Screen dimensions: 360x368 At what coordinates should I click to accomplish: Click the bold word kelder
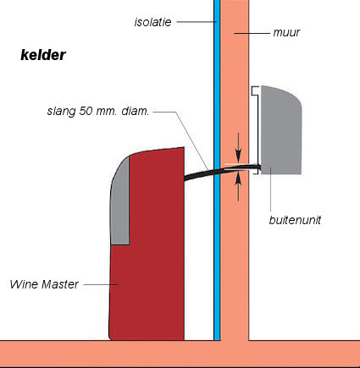coord(43,55)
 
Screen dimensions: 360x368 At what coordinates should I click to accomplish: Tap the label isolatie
coord(152,22)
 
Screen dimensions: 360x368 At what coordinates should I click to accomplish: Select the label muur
coord(286,32)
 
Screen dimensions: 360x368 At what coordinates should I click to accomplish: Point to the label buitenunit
coord(295,220)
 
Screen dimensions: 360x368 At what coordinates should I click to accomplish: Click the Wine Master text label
coord(44,284)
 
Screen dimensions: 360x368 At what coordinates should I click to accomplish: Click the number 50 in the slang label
coord(86,111)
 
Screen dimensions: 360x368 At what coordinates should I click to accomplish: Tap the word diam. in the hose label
coord(135,111)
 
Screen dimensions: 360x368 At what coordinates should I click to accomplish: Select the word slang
coord(62,112)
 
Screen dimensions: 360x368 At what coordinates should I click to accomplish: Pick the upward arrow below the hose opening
coord(239,186)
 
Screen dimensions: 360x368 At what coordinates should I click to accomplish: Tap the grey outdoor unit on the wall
coord(281,130)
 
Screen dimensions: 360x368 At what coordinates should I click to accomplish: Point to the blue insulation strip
coord(217,170)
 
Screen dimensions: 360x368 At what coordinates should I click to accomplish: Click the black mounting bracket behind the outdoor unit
coord(258,129)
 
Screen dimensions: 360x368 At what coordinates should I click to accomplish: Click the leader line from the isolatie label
coord(197,22)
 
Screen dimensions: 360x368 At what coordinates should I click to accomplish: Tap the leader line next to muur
coord(252,33)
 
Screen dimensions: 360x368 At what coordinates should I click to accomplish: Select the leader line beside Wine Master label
coord(101,284)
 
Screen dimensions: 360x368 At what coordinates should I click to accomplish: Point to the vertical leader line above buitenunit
coord(270,189)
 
